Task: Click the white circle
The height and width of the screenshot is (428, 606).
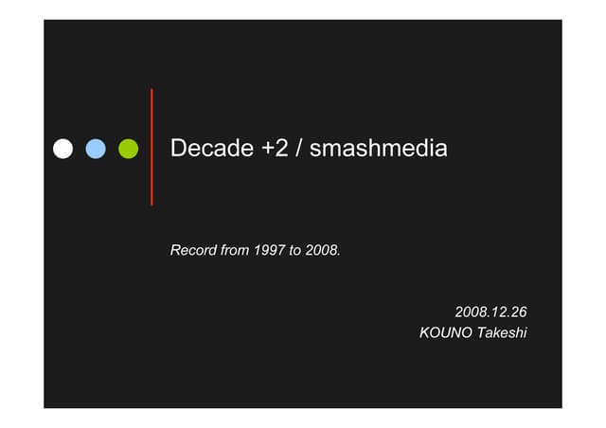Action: coord(63,149)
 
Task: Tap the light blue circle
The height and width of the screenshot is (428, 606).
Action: coord(96,149)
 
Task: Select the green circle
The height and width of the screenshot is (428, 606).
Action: coord(128,149)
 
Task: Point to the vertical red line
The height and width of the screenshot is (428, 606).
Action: coord(151,147)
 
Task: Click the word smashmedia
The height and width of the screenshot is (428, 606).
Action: coord(379,149)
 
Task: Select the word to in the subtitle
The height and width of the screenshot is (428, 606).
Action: coord(296,251)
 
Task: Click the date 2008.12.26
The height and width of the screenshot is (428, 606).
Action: coord(490,312)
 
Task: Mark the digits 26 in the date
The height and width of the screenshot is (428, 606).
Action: coord(518,312)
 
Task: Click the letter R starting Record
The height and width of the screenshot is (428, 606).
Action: coord(175,251)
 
